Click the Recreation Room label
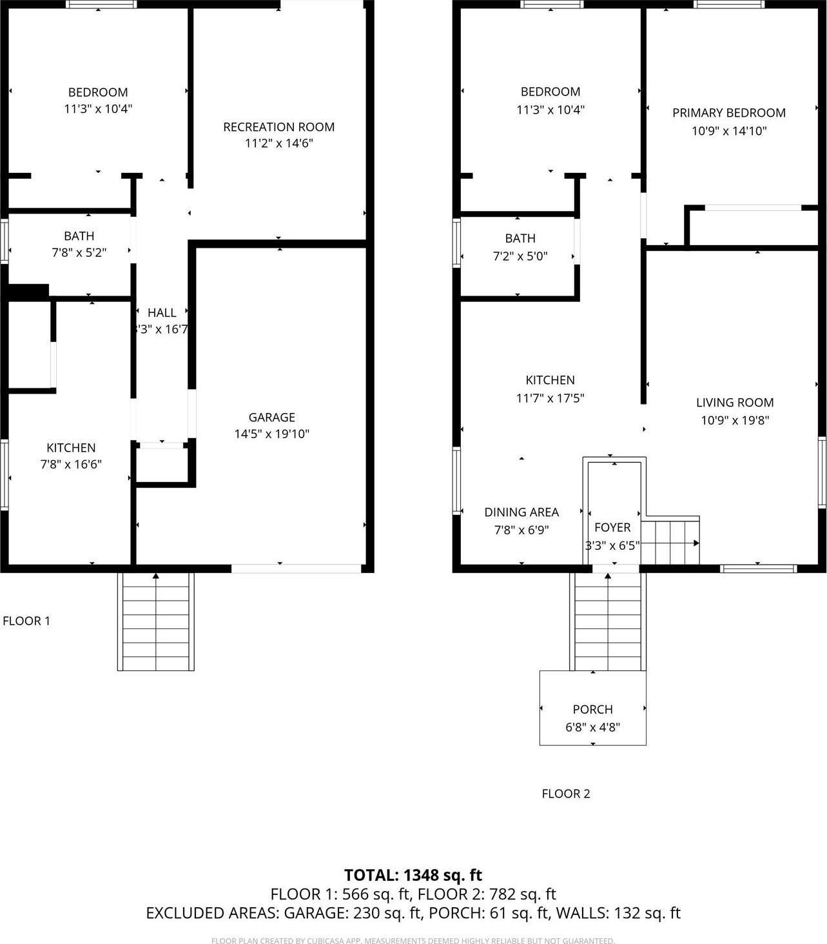[278, 127]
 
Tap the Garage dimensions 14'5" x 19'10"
[271, 434]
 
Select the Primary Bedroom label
[728, 113]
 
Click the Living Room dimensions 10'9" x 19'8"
[734, 421]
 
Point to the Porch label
[592, 710]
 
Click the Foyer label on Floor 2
[612, 528]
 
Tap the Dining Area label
[521, 512]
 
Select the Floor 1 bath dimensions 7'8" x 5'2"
[79, 253]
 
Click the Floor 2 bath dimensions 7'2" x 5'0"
[520, 256]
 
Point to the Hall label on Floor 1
[161, 313]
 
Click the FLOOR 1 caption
[26, 621]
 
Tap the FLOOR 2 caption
[565, 794]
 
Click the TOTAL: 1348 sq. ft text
[413, 876]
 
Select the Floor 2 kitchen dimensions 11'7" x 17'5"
[550, 398]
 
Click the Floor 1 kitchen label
[71, 448]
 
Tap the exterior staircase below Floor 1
[155, 623]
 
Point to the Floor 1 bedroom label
[98, 92]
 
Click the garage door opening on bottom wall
[296, 568]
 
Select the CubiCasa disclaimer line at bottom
[413, 941]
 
